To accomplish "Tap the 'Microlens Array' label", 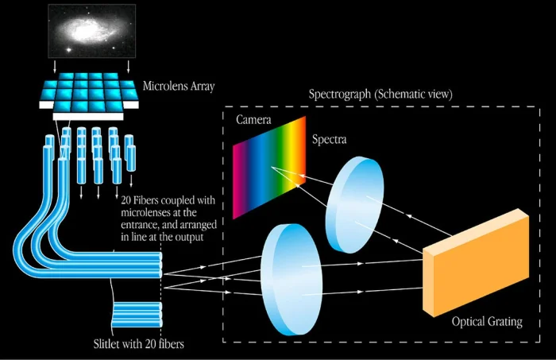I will click(180, 85).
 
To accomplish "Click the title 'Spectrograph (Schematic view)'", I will click(380, 94).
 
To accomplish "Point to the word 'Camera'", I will click(254, 120).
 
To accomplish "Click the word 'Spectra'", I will click(328, 140).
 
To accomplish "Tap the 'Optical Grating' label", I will click(486, 322).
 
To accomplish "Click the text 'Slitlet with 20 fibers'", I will click(140, 346).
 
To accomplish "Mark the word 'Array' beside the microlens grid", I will click(200, 85).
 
